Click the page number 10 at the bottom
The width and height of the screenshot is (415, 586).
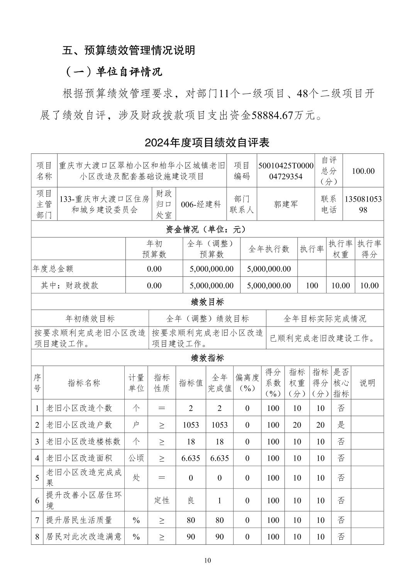click(x=207, y=560)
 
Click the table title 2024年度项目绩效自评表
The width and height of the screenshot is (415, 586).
click(x=207, y=143)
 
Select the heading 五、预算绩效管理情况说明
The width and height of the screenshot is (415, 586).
click(x=129, y=50)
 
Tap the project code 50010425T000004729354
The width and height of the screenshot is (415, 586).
click(x=286, y=171)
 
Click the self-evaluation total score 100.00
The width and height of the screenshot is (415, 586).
click(x=363, y=171)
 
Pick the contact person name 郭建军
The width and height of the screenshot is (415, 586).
click(x=286, y=204)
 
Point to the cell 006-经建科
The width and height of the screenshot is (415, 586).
click(x=201, y=204)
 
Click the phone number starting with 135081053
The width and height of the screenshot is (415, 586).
click(x=363, y=204)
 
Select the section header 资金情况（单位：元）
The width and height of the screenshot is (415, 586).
click(x=207, y=229)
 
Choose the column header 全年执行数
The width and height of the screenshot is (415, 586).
click(x=269, y=249)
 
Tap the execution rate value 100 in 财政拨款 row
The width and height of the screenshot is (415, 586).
click(x=312, y=285)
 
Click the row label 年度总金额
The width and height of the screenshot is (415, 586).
click(x=53, y=269)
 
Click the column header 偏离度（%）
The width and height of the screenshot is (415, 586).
click(x=247, y=383)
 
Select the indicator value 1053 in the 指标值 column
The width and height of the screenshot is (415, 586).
click(x=191, y=425)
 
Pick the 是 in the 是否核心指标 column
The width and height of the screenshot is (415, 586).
click(x=341, y=425)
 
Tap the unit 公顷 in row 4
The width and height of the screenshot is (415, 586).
click(x=136, y=458)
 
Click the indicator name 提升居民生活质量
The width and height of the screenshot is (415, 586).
click(x=79, y=520)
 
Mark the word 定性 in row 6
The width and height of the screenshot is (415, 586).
click(x=162, y=500)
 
